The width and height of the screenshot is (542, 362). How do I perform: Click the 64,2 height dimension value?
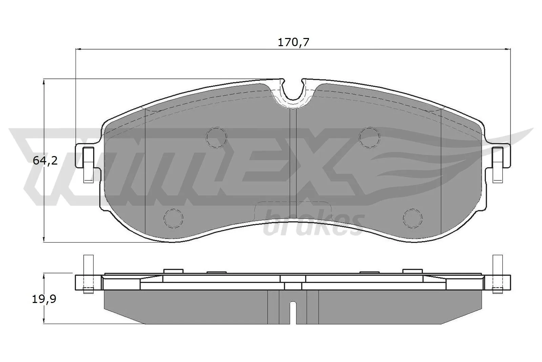click(45, 160)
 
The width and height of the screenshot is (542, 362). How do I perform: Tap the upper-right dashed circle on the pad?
click(370, 137)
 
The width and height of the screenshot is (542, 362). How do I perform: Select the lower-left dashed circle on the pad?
click(173, 218)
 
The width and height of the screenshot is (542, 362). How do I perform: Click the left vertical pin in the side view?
click(88, 273)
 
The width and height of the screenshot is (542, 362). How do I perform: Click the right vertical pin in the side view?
click(497, 273)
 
